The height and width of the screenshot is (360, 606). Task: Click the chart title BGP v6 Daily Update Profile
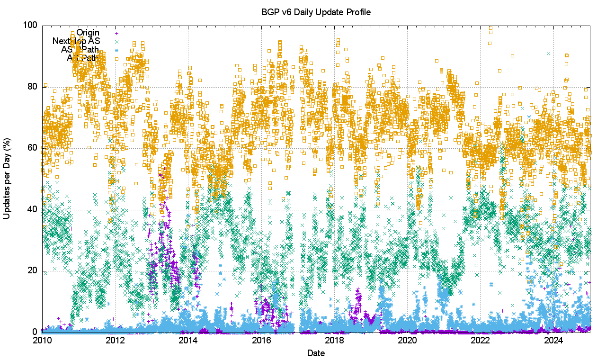316,12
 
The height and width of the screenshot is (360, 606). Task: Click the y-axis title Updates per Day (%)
7,179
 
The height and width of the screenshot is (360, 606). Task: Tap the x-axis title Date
316,353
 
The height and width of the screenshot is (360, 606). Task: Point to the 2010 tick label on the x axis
42,340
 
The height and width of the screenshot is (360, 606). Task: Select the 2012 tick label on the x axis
115,340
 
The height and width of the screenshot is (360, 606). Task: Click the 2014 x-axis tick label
188,340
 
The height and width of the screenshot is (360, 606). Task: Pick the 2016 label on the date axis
261,340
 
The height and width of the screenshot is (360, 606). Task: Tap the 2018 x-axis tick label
334,340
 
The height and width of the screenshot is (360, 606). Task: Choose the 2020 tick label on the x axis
408,340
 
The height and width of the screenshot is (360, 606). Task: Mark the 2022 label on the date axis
481,340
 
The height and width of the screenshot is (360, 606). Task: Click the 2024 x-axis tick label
553,340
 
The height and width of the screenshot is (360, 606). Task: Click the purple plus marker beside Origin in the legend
116,33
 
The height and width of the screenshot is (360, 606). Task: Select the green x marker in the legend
116,42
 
